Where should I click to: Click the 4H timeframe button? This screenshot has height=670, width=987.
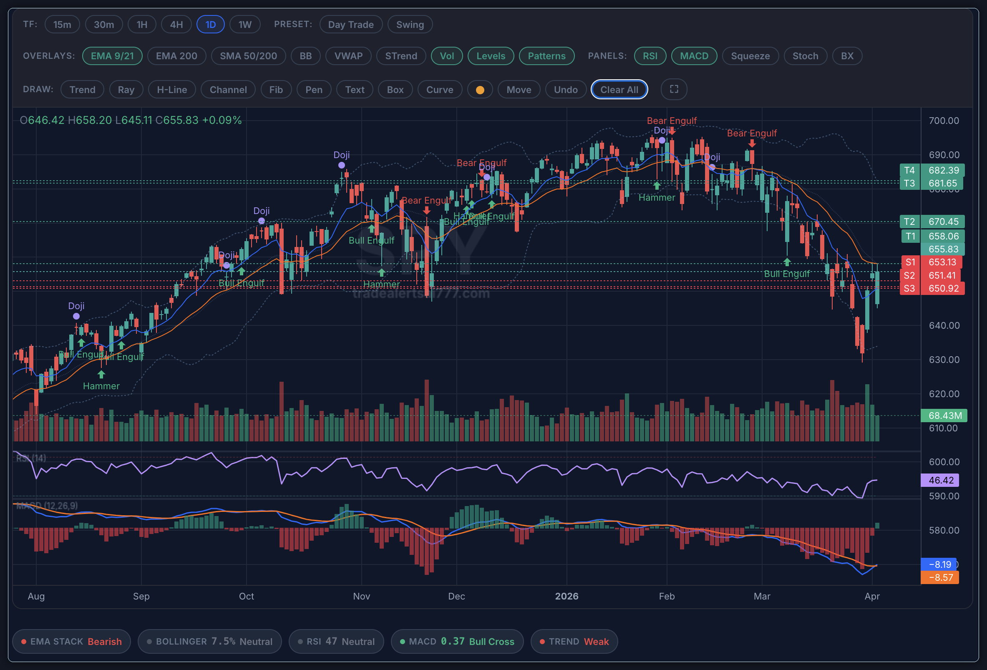(176, 25)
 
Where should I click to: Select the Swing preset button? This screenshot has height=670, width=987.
(409, 25)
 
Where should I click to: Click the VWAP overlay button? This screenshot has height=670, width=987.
(348, 56)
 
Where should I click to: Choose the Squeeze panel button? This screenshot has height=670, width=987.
(750, 56)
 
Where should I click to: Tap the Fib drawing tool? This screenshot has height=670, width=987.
(276, 90)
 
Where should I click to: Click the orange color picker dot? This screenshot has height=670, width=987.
(479, 90)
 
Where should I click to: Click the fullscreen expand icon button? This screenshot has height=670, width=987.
(674, 89)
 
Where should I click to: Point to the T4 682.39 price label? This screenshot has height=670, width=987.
(932, 170)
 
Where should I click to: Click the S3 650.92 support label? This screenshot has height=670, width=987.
(932, 288)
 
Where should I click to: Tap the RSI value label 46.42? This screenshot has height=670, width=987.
(940, 480)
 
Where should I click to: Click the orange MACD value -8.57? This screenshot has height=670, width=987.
(940, 577)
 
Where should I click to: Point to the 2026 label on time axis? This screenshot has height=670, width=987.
(566, 596)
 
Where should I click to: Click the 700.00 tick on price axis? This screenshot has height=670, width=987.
(943, 121)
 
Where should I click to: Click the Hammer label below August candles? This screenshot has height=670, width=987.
(101, 386)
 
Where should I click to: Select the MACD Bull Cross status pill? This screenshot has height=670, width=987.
(456, 641)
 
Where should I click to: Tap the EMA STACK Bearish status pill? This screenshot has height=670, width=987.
(71, 641)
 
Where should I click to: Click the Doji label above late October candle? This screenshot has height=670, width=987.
(341, 155)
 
